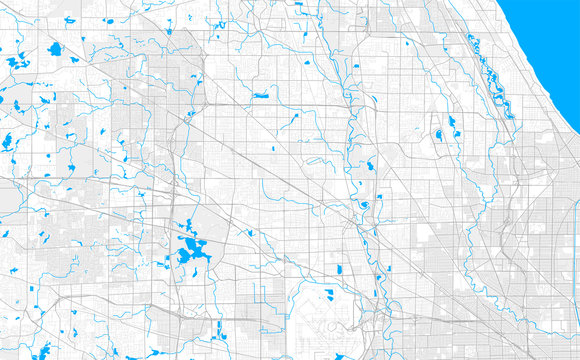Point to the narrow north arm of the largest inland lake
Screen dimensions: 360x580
(x=187, y=226)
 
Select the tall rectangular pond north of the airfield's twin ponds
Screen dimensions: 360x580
(x=340, y=269)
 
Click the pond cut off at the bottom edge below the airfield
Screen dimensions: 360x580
(x=335, y=354)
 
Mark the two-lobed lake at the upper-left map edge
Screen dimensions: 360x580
(x=14, y=62)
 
